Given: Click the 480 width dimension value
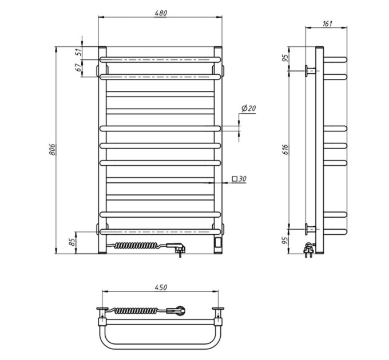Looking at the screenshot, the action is click(161, 13).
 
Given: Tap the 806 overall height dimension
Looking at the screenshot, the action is click(52, 149).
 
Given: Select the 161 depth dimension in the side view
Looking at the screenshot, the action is click(327, 23).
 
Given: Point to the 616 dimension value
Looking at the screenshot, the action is click(285, 149).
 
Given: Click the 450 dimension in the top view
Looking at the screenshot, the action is click(161, 287).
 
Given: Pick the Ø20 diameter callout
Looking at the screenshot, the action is click(249, 108).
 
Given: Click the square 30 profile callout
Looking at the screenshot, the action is click(239, 179).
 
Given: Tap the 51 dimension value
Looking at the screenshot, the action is click(78, 52).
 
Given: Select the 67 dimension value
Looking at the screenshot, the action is click(78, 67).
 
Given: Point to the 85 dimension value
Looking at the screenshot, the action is click(72, 242).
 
